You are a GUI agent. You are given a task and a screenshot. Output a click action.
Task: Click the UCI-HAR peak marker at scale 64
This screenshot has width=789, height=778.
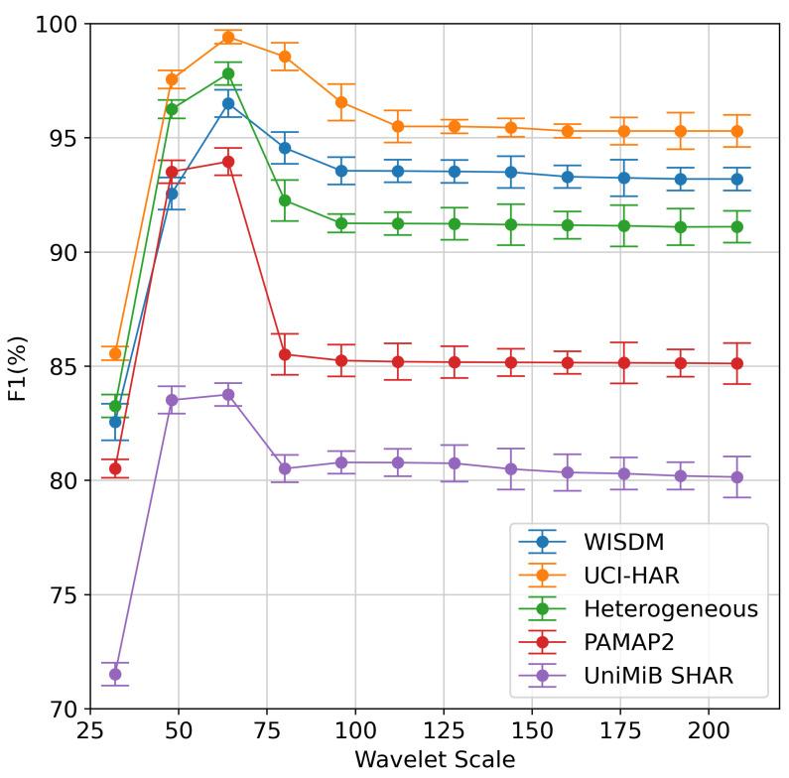[228, 37]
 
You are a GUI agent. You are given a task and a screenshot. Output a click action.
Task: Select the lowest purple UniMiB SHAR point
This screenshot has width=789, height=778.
[115, 674]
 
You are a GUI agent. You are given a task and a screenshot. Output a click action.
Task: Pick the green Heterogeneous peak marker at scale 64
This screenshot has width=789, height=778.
[228, 73]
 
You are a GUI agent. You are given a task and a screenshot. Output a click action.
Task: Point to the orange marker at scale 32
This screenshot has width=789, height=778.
[115, 353]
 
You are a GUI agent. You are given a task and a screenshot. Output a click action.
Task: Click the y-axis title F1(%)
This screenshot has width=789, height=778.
[19, 366]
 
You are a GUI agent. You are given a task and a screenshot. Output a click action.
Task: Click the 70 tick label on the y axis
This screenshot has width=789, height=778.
[66, 710]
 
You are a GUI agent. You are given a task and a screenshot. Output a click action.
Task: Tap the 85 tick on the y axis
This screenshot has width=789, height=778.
[66, 367]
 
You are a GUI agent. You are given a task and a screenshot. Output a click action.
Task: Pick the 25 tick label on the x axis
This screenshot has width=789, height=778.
[91, 731]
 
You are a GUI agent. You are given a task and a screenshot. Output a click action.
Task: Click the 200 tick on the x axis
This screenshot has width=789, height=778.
[709, 731]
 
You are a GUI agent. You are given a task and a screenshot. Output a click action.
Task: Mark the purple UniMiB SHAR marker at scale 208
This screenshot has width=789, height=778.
[737, 477]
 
